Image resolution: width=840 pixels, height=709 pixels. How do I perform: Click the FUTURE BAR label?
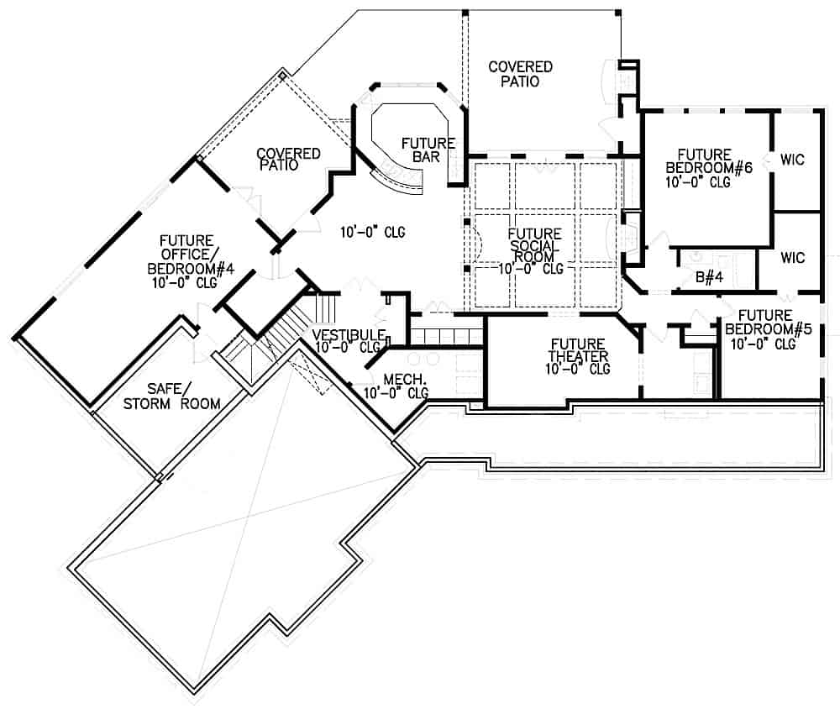(x=428, y=150)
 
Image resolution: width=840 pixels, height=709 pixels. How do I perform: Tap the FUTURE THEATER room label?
(x=578, y=350)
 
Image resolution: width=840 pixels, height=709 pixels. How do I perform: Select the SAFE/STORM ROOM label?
(x=183, y=396)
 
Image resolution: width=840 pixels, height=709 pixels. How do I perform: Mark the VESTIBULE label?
(x=348, y=334)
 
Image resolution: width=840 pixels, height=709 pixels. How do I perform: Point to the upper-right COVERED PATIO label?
(x=520, y=74)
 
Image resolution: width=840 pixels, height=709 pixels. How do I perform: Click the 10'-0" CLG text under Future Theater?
(x=577, y=369)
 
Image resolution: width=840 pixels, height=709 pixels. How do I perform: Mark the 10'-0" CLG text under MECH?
(x=395, y=392)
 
